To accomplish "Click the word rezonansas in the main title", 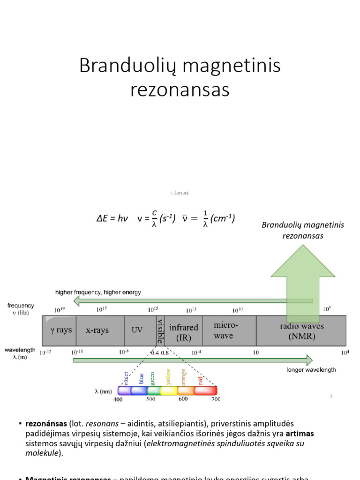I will [x=180, y=90].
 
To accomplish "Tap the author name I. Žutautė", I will [x=180, y=193].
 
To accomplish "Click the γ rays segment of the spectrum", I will [x=61, y=330].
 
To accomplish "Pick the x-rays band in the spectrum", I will [x=97, y=330].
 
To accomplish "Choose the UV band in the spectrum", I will [x=136, y=330].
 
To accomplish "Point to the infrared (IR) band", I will [x=183, y=332].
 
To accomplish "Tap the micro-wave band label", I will [x=225, y=330].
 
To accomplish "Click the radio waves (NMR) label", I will [x=301, y=331].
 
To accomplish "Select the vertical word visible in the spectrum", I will [x=160, y=330].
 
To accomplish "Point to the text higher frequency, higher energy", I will [x=98, y=292].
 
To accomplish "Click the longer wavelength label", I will [x=311, y=370].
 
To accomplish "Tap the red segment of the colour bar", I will [x=205, y=390].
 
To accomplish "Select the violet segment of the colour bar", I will [x=124, y=390].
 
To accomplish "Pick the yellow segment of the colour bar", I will [x=168, y=390].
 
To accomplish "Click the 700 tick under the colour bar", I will [x=215, y=399].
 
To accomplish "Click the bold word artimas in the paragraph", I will [x=300, y=433].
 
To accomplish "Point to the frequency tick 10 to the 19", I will [x=59, y=310].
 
